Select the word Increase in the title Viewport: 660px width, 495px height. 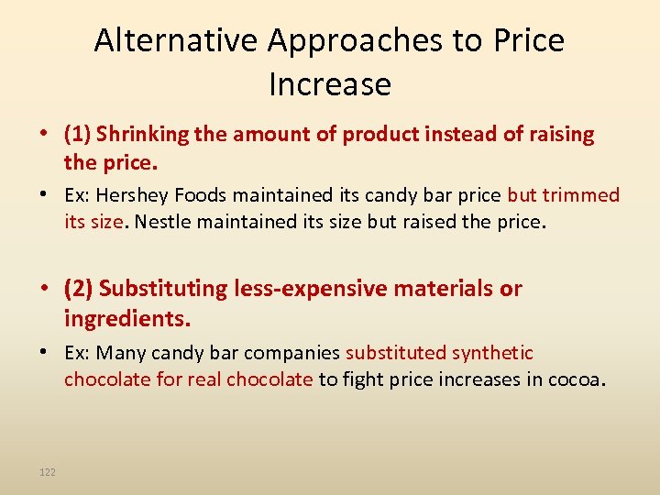click(330, 84)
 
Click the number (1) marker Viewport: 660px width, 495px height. click(77, 135)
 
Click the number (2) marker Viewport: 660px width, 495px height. click(78, 289)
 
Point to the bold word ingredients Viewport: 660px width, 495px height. click(126, 319)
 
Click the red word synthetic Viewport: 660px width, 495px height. click(486, 353)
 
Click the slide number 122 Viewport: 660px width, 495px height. click(48, 472)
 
